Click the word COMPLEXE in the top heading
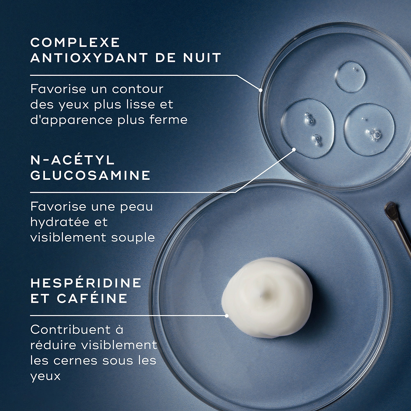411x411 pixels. (x=75, y=42)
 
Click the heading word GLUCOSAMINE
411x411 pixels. (x=90, y=175)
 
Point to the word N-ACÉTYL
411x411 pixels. (x=73, y=160)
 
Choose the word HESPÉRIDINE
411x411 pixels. (x=86, y=283)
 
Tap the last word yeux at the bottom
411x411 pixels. (x=45, y=376)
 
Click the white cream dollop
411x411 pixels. (x=267, y=297)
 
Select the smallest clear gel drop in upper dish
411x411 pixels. (x=350, y=77)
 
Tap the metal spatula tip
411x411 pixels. (x=391, y=210)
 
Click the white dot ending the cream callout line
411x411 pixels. (x=227, y=315)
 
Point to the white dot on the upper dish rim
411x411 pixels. (x=260, y=90)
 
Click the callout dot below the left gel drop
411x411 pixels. (x=294, y=149)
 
